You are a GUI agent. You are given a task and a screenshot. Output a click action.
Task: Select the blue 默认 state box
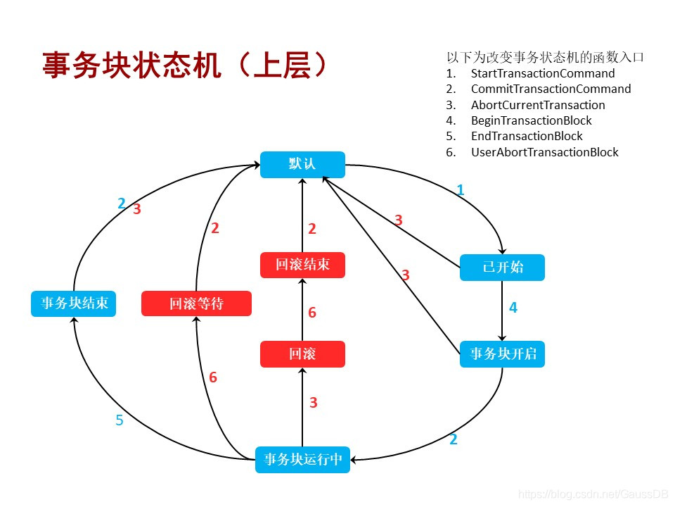[x=302, y=165]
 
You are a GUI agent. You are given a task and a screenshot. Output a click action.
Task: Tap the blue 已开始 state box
[x=502, y=268]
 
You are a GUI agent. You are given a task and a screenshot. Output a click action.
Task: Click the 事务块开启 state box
[x=502, y=353]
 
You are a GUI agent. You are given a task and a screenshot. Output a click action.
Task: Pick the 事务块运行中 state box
[x=302, y=459]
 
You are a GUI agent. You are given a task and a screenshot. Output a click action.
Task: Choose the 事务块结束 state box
[x=74, y=303]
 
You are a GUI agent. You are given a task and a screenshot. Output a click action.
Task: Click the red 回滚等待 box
[x=196, y=303]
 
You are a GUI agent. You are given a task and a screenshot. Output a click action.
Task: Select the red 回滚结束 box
[x=302, y=265]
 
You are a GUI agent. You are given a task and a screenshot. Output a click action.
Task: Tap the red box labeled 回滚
[x=302, y=354]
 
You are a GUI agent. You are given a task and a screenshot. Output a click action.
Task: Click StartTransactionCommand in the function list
[x=542, y=73]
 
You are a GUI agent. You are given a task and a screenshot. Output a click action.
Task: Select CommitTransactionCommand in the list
[x=551, y=89]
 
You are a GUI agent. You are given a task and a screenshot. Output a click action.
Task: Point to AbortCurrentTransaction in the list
[x=537, y=105]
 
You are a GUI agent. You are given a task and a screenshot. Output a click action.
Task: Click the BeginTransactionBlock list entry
[x=531, y=120]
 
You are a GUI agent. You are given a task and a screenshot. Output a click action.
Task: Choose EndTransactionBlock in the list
[x=527, y=136]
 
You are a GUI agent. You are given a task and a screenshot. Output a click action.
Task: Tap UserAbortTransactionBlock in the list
[x=544, y=152]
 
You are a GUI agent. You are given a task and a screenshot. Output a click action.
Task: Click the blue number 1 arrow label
[x=461, y=190]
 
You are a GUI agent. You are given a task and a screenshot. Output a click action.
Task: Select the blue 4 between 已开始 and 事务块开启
[x=513, y=308]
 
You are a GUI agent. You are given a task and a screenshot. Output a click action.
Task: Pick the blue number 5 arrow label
[x=120, y=420]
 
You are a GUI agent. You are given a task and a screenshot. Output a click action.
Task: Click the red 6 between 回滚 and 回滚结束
[x=312, y=312]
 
